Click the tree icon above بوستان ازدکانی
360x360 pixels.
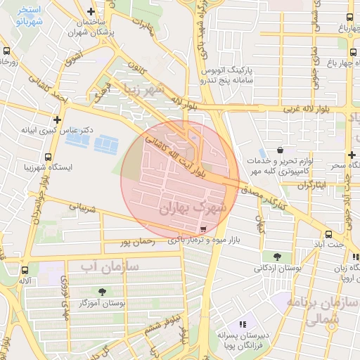[x=276, y=256]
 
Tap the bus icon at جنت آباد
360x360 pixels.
[x=328, y=235]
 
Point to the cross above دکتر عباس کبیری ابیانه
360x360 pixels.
[x=57, y=120]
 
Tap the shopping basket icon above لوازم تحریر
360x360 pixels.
[x=281, y=150]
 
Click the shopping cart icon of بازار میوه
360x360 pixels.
[x=203, y=229]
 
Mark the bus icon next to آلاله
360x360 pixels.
[x=26, y=270]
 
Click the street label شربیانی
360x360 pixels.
[x=82, y=208]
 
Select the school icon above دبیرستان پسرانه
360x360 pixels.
[x=243, y=324]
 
